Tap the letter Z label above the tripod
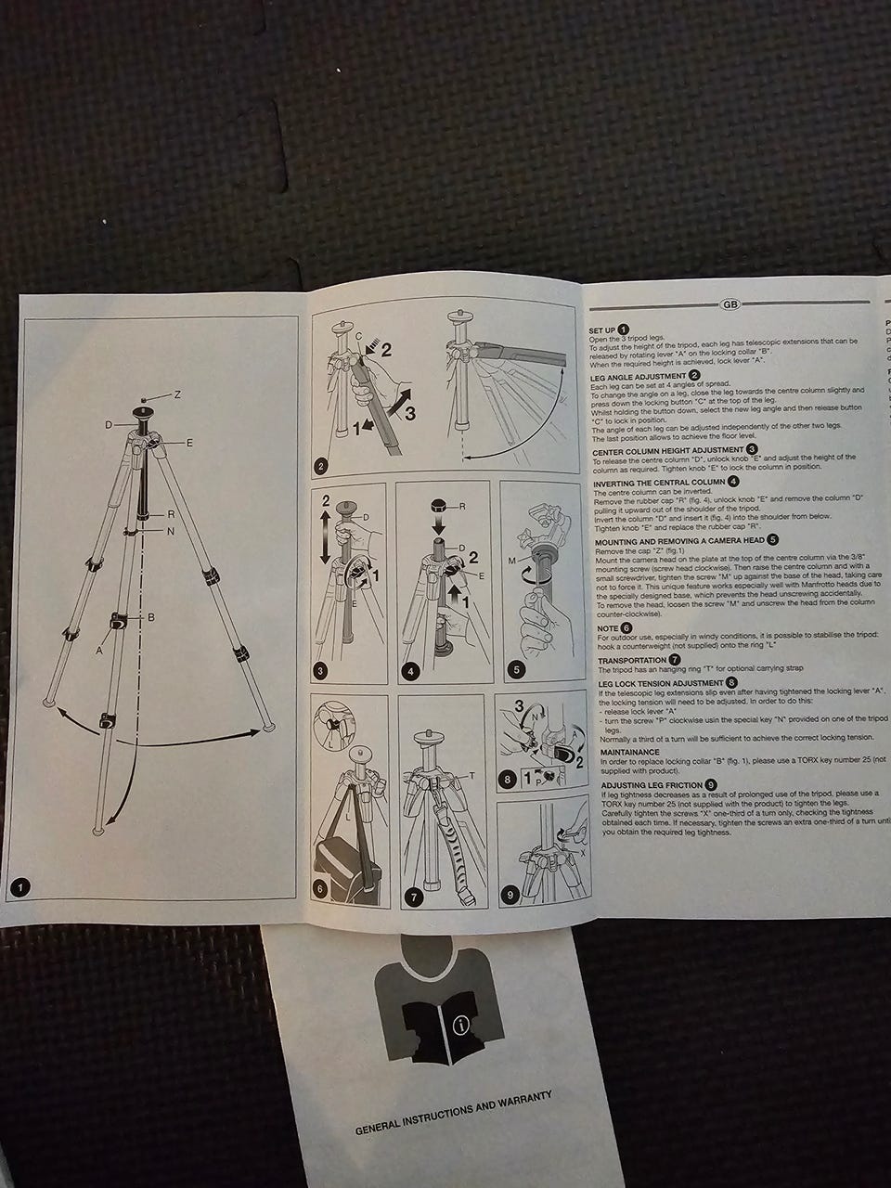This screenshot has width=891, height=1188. coord(175,395)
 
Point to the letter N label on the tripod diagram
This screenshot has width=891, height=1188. coord(170,531)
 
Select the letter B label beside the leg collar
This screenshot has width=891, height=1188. coord(150,616)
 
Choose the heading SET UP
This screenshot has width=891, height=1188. coord(602,330)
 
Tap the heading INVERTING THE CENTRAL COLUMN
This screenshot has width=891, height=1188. coord(659,483)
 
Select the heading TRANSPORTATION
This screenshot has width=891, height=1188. coord(631,660)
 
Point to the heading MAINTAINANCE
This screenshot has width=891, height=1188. coord(629,752)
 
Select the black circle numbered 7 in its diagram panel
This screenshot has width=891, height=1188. coord(414,897)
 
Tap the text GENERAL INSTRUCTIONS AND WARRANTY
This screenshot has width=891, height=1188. coord(454,1112)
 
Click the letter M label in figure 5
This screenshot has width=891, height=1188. coord(511,562)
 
